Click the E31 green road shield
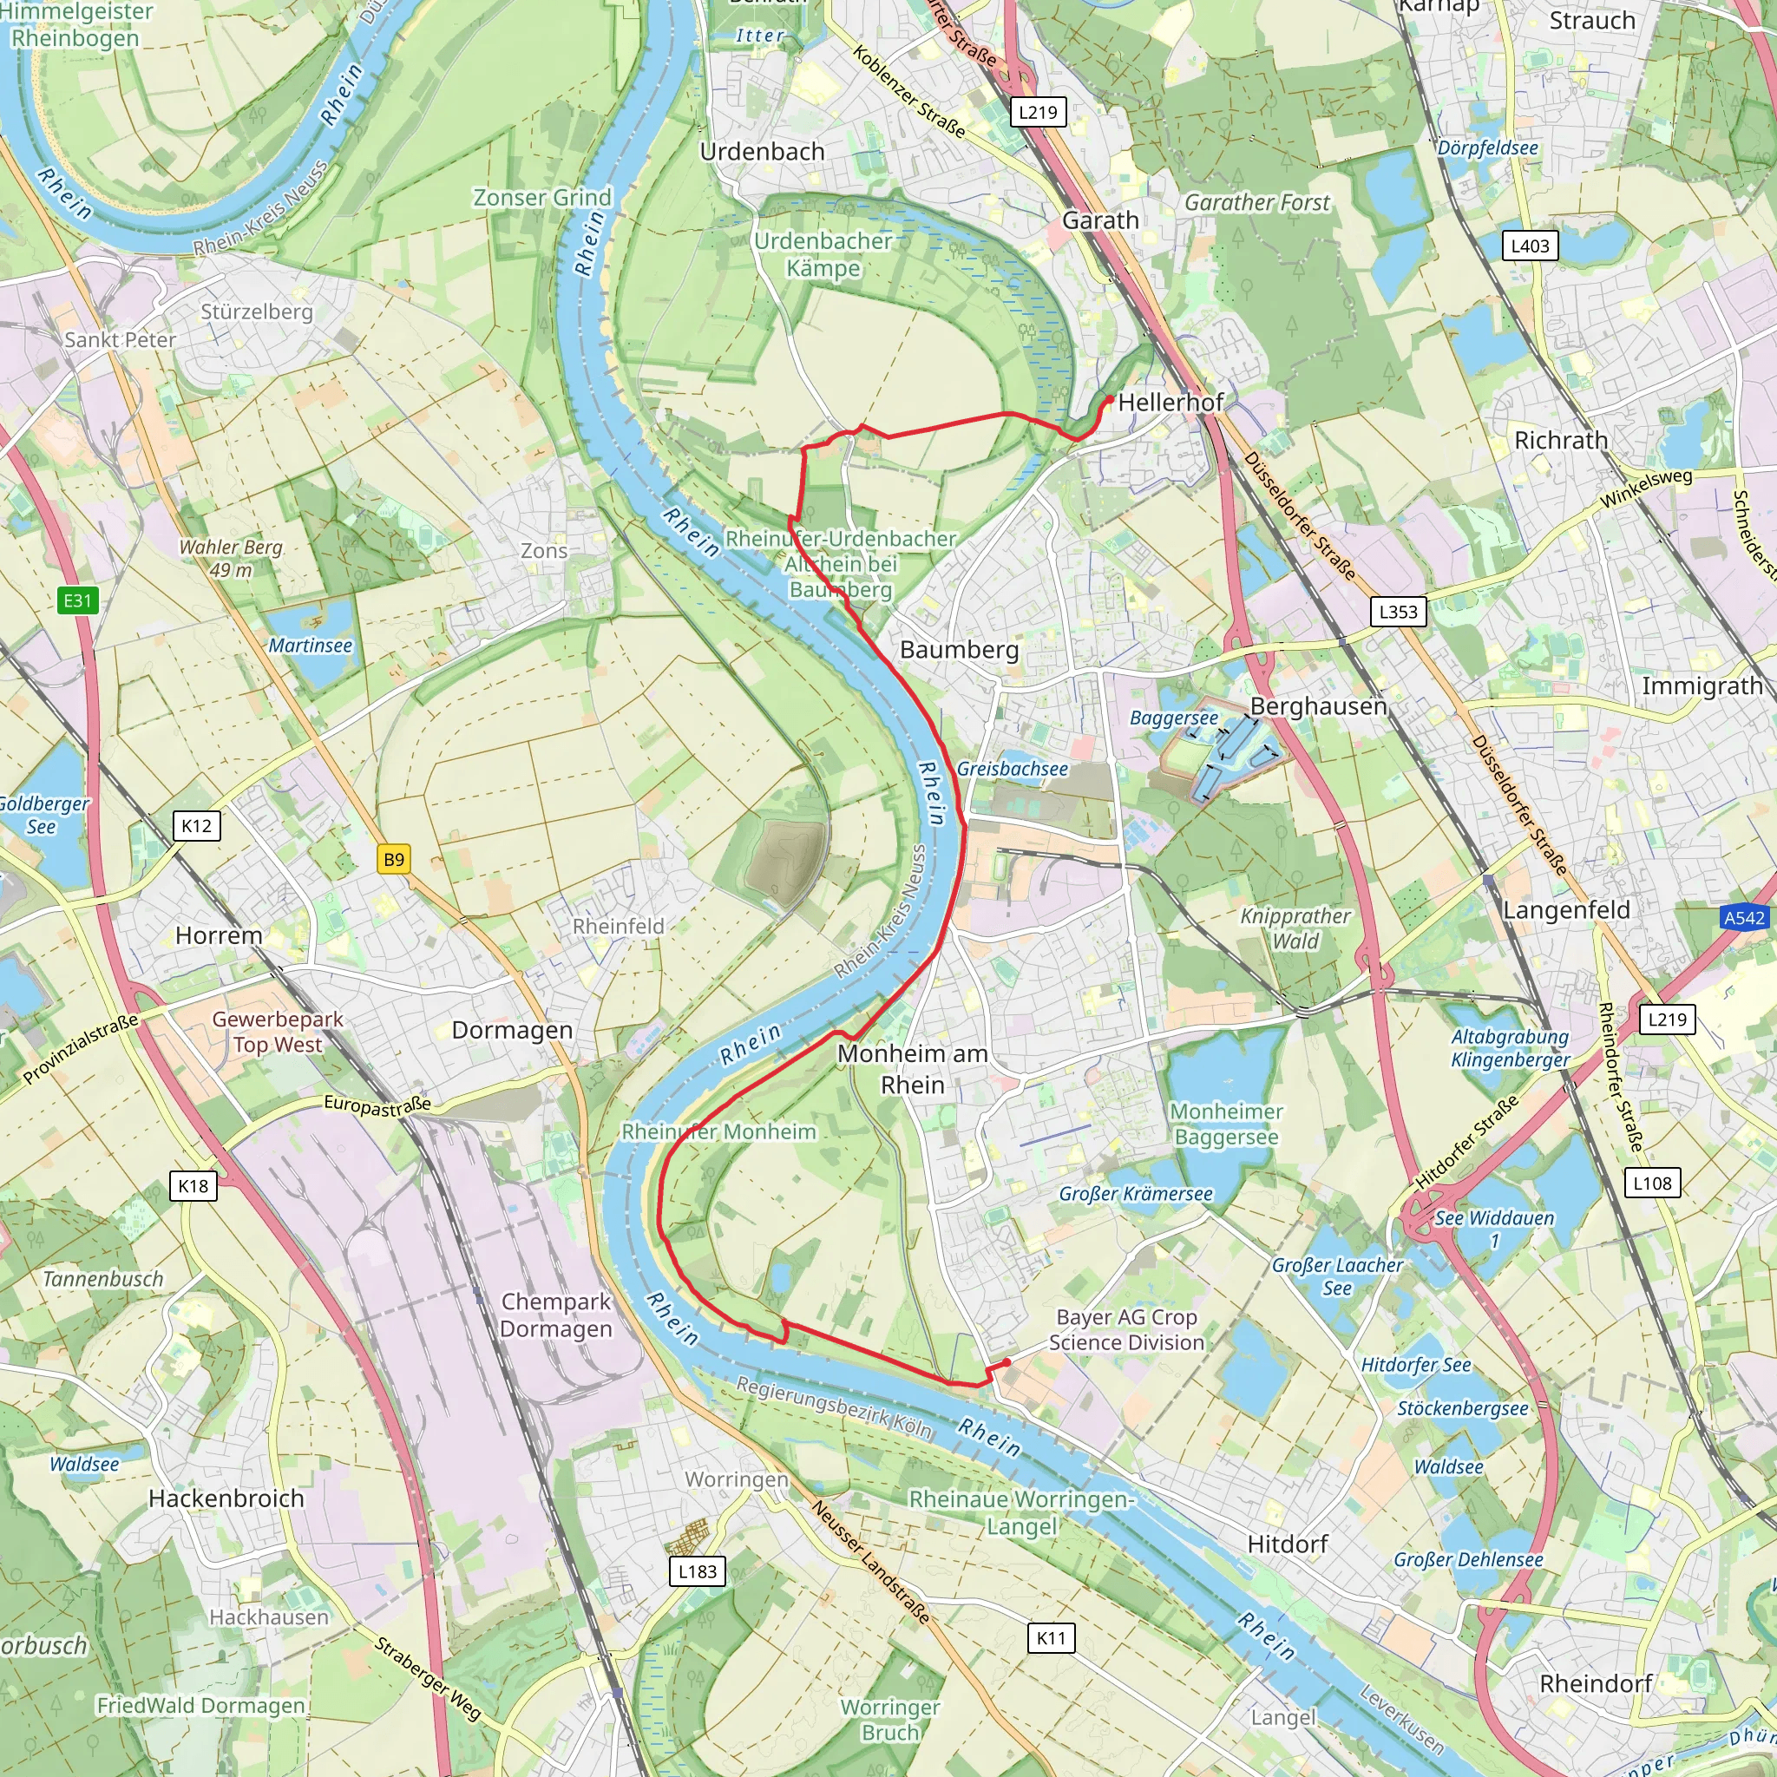click(77, 600)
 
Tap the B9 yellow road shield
click(394, 859)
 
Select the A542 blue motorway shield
click(1744, 917)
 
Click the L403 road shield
click(1531, 246)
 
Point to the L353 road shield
click(1398, 612)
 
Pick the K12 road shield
click(196, 825)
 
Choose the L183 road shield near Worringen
click(698, 1571)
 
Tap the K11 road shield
click(1051, 1637)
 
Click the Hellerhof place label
click(1170, 402)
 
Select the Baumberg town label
click(960, 649)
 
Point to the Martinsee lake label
click(310, 646)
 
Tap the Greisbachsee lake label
click(1012, 769)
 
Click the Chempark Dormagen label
click(555, 1315)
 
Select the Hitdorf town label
click(1287, 1544)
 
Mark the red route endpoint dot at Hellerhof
click(1110, 400)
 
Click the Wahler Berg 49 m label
click(231, 558)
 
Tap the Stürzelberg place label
click(257, 311)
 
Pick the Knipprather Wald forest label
click(1295, 928)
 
